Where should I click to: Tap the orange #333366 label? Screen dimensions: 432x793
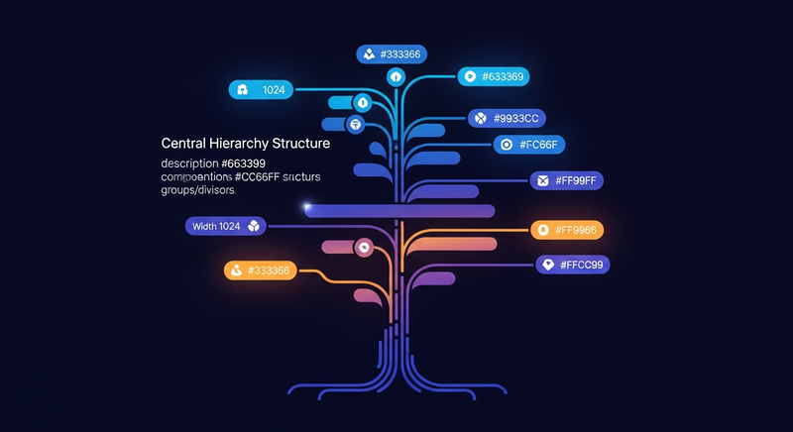[x=261, y=270]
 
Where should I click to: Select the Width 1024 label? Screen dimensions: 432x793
[x=226, y=226]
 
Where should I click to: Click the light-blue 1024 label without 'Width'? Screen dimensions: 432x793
[x=262, y=90]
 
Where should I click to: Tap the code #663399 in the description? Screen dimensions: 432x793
[x=243, y=162]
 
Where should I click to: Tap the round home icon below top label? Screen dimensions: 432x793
[x=396, y=76]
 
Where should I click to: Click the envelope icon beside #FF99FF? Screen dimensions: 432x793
[x=542, y=180]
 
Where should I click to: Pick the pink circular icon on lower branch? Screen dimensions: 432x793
[x=364, y=248]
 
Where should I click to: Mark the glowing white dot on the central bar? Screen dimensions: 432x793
[x=308, y=207]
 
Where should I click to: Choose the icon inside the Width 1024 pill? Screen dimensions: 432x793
[x=254, y=226]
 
